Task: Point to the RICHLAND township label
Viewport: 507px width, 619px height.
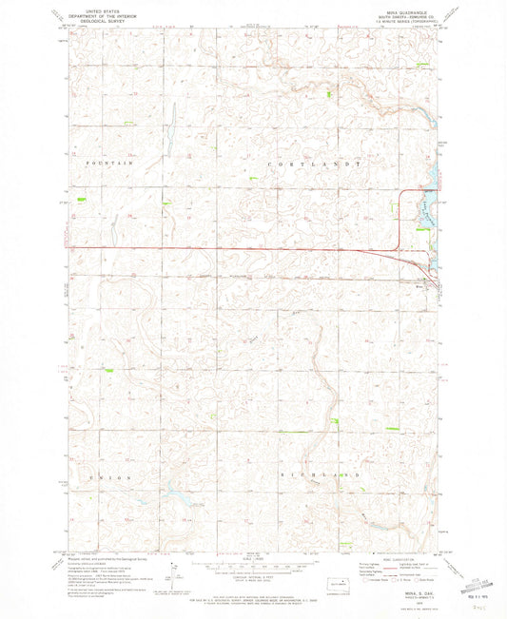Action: pos(320,473)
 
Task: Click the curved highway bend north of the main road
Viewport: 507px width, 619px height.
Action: pos(401,194)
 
